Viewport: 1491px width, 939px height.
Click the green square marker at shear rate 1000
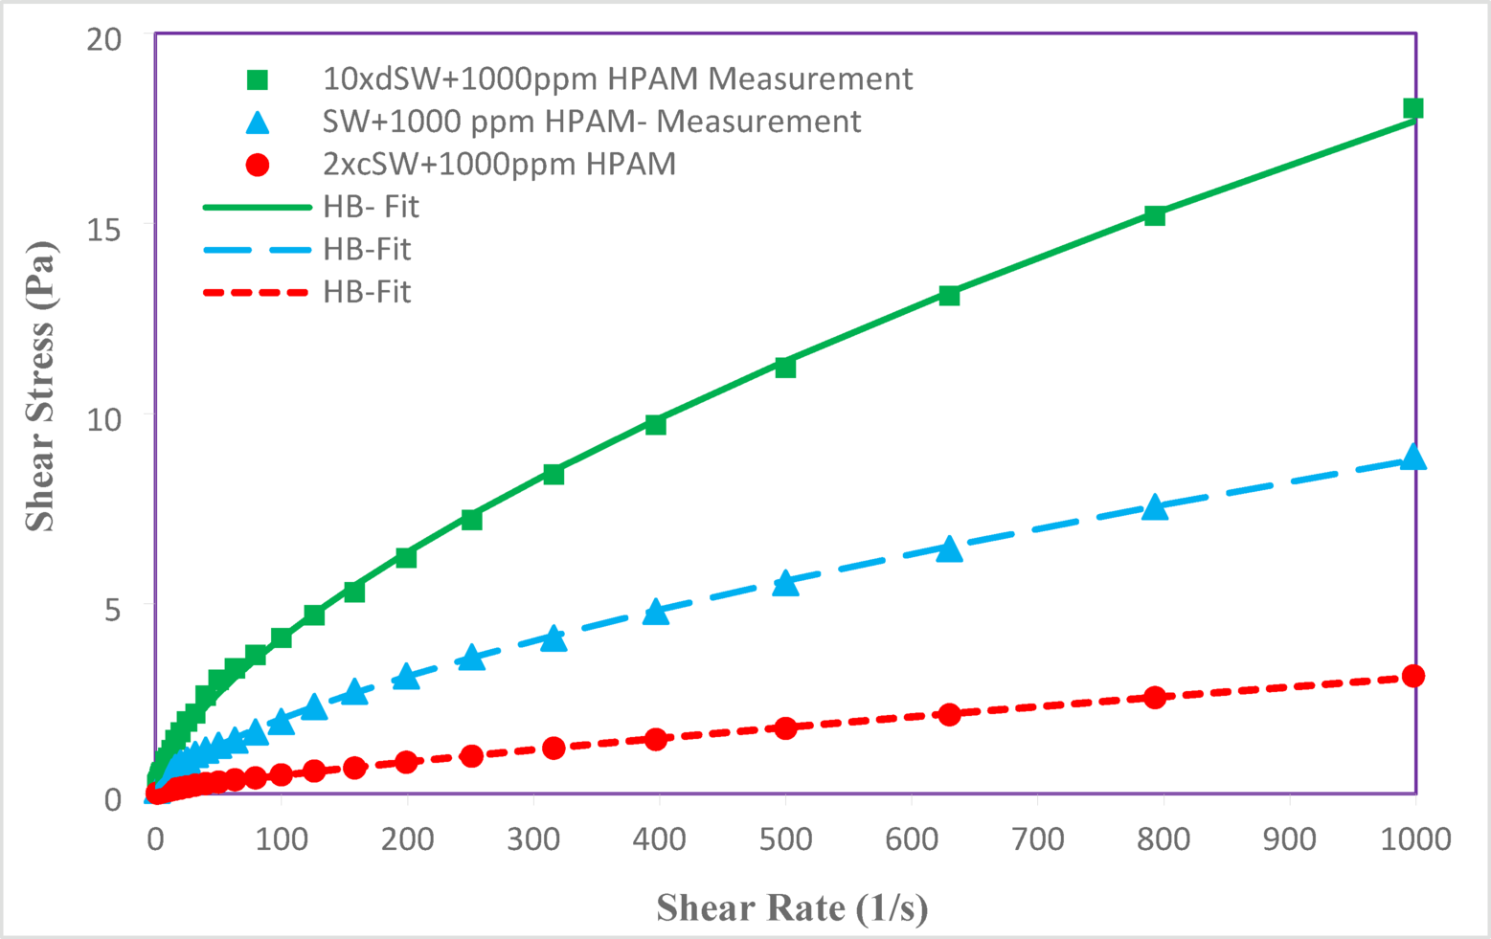coord(1412,108)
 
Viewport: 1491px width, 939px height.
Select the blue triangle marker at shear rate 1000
coord(1412,458)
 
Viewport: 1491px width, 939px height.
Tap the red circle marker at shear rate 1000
coord(1412,676)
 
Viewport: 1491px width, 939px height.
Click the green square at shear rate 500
coord(785,368)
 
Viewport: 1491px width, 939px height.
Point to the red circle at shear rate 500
coord(785,728)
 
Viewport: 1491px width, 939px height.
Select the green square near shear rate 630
coord(949,296)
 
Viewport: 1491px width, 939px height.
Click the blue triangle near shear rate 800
coord(1155,507)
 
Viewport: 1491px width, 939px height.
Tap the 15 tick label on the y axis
coord(105,227)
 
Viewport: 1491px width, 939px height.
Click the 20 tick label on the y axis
coord(105,38)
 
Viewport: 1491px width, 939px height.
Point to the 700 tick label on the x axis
coord(1037,839)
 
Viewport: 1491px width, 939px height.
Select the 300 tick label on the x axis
coord(532,839)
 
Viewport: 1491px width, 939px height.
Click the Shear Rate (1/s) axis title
coord(792,906)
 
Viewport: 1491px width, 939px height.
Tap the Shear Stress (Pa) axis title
coord(40,386)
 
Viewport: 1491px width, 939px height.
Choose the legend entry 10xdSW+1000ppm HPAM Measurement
coord(618,78)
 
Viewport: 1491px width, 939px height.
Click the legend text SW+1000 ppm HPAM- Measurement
coord(592,122)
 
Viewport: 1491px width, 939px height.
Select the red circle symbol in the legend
coord(258,165)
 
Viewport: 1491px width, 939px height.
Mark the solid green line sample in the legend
coord(257,207)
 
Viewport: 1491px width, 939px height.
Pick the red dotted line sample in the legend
coord(257,292)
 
